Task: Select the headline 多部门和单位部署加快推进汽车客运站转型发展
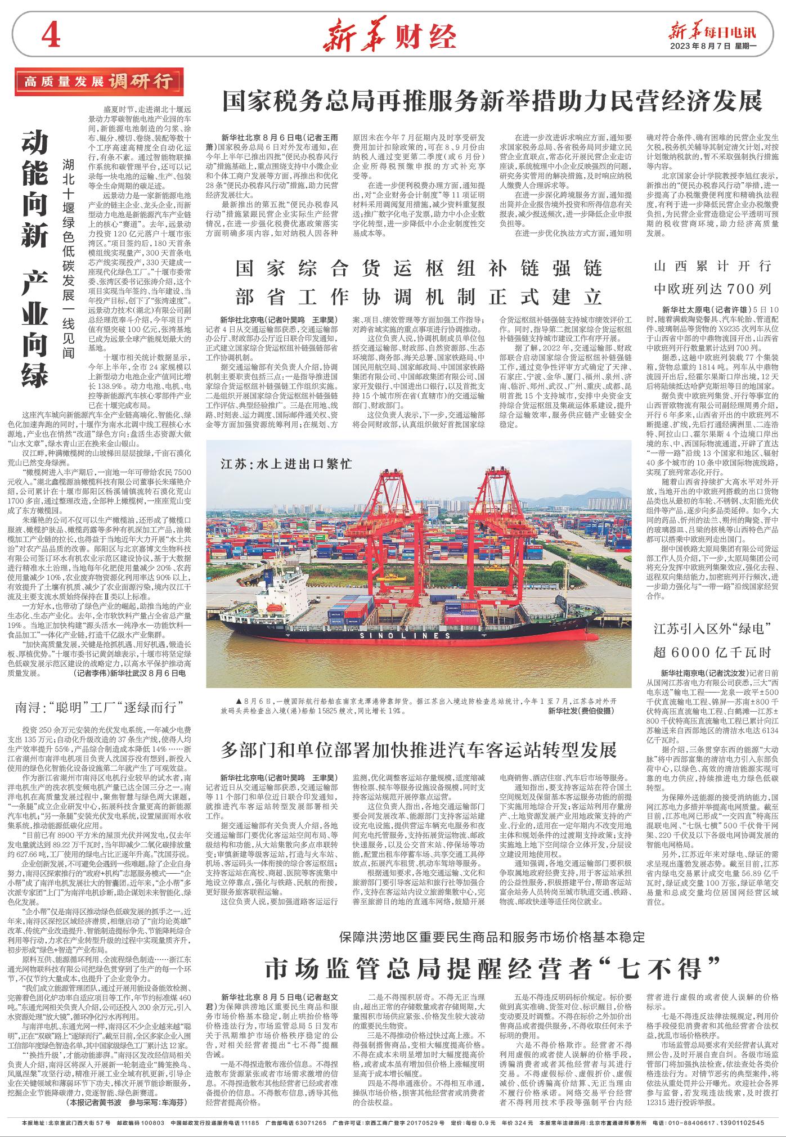pos(419,749)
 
